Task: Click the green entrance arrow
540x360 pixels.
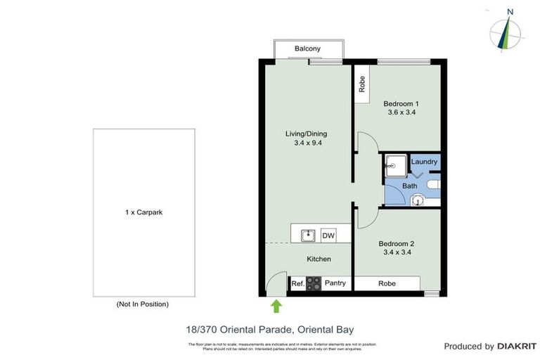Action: [x=276, y=305]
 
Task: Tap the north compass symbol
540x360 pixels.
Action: [x=506, y=31]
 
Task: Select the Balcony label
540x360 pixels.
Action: [x=307, y=49]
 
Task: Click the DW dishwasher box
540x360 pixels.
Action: [x=328, y=236]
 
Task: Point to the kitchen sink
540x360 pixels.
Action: [x=308, y=235]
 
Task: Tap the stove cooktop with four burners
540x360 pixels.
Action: [x=314, y=284]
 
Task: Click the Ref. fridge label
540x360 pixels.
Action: [x=297, y=284]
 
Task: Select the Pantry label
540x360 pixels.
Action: [x=336, y=284]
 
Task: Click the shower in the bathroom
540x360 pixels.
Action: [x=392, y=167]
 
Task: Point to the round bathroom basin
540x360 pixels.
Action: [x=418, y=200]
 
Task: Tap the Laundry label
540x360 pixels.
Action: [x=424, y=162]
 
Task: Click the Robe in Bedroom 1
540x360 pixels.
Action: [x=361, y=85]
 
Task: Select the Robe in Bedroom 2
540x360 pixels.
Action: [x=387, y=284]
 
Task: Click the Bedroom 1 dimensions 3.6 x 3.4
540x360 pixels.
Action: [x=401, y=112]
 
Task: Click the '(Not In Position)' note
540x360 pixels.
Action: [x=142, y=304]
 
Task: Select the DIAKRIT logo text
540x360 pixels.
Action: [x=517, y=346]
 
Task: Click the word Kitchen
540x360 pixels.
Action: [x=319, y=259]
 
